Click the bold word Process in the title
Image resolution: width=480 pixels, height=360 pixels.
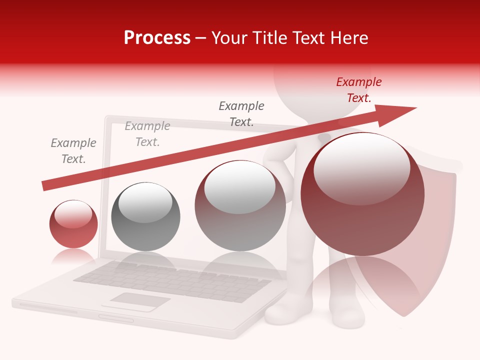tap(157, 37)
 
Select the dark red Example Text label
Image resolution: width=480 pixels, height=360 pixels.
tap(359, 90)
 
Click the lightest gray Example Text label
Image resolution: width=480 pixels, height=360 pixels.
tap(147, 134)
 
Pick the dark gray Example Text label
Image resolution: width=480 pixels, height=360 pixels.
tap(241, 113)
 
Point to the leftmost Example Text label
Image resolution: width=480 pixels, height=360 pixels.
tap(73, 150)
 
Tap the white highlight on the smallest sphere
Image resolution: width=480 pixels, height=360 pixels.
tap(73, 214)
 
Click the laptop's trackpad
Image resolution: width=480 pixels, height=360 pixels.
tap(139, 300)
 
